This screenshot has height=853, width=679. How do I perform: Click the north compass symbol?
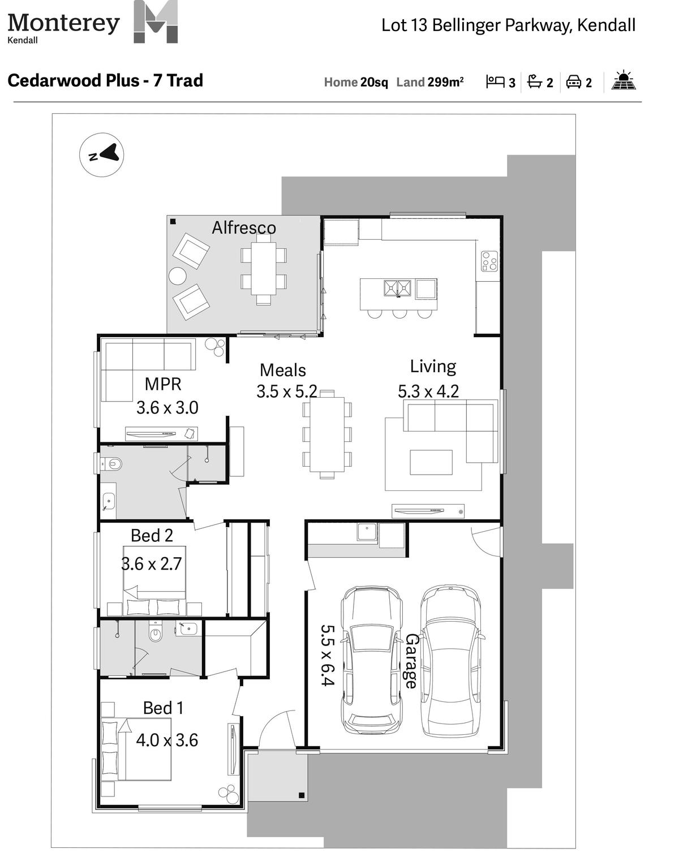pos(101,154)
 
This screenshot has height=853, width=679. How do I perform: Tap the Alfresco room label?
pos(243,227)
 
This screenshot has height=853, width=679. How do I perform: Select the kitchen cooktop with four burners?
pos(489,261)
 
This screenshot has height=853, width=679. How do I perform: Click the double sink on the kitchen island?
pos(397,288)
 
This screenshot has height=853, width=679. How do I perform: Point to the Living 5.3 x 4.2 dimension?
pos(428,391)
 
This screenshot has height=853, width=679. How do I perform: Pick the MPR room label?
pos(163,384)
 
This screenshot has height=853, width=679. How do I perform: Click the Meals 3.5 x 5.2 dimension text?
pos(286,391)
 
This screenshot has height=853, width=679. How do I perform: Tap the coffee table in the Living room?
pos(431,462)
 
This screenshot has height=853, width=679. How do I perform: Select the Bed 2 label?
pos(152,536)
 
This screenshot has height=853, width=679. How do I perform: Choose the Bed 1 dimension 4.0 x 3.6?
pos(167,740)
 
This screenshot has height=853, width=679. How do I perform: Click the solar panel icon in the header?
pos(623,80)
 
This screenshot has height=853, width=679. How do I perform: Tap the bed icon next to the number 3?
pos(495,81)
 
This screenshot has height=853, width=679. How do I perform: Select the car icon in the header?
pos(574,81)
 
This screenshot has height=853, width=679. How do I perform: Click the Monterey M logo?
pos(156,21)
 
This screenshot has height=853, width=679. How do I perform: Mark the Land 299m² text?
pos(430,82)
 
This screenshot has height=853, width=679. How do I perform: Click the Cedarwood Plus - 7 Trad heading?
pos(105,80)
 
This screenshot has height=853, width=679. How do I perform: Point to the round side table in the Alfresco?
pos(177,275)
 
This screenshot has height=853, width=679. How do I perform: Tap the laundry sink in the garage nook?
pos(367,532)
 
